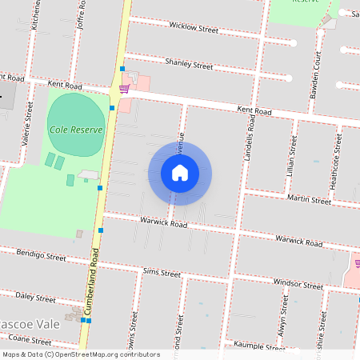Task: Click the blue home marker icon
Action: pyautogui.click(x=180, y=172)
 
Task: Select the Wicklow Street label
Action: pyautogui.click(x=194, y=28)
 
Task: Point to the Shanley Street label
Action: pyautogui.click(x=189, y=62)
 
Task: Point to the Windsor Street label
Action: pyautogui.click(x=298, y=284)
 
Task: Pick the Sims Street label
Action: pyautogui.click(x=162, y=272)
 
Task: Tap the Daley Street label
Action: pyautogui.click(x=35, y=297)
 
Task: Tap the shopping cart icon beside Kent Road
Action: pyautogui.click(x=124, y=88)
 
